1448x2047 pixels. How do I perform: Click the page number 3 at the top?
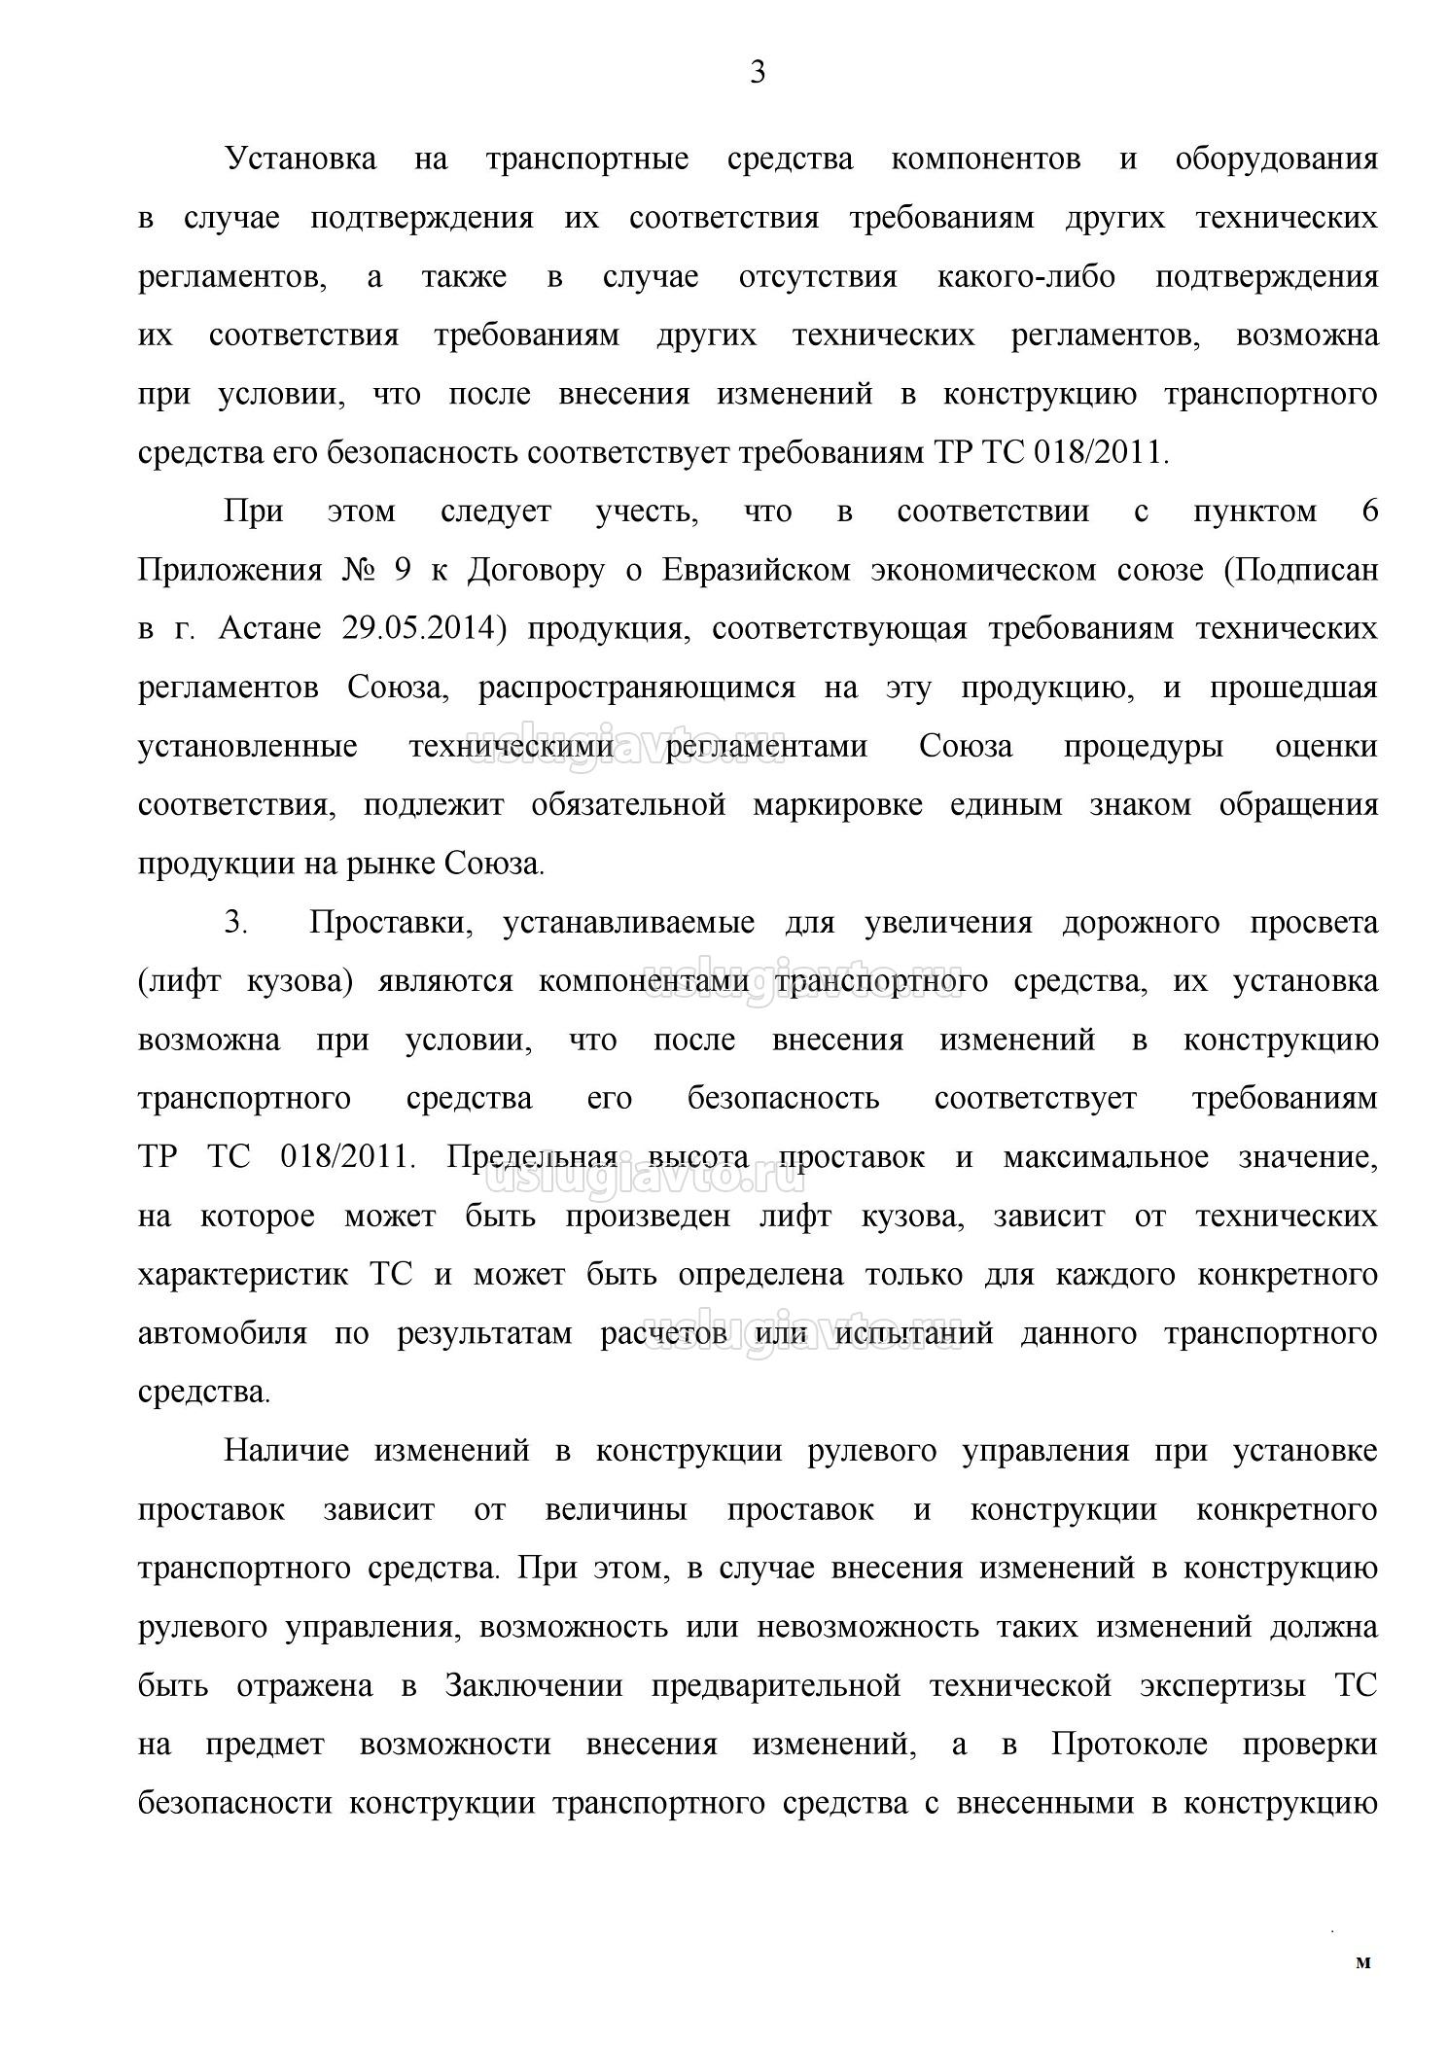758,73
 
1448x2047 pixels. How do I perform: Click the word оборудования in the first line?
1276,159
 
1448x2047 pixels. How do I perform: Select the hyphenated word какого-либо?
1025,277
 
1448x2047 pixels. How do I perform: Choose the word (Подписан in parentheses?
1300,571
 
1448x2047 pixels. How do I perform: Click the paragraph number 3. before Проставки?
237,923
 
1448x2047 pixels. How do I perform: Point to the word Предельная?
532,1157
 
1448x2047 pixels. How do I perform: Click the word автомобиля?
223,1333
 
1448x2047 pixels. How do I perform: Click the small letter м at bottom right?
1362,1962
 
